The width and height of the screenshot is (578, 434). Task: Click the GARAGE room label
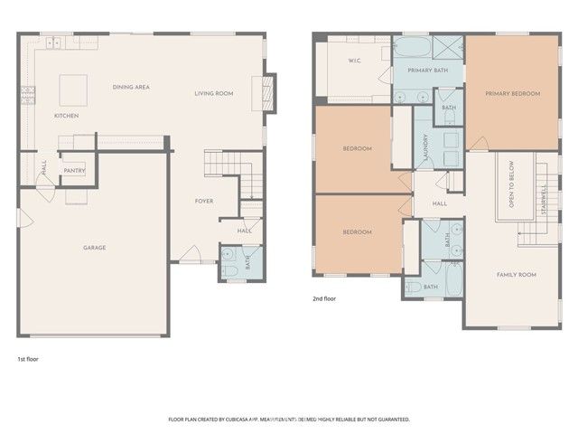[x=95, y=248]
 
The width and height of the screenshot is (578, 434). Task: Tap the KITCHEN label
[x=67, y=116]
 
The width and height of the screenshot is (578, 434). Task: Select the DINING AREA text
[x=131, y=87]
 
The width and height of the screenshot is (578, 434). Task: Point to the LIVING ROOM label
[x=214, y=93]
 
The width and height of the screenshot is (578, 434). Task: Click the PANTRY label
[x=74, y=170]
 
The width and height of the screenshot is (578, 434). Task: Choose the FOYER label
[x=204, y=201]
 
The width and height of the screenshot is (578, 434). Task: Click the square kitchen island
[x=73, y=89]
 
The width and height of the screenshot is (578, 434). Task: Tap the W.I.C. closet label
[x=355, y=61]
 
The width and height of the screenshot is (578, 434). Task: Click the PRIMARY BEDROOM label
[x=512, y=93]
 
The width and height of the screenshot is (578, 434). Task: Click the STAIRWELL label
[x=544, y=202]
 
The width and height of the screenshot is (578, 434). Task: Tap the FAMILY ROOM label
[x=516, y=274]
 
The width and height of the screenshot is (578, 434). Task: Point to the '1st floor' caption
[x=27, y=359]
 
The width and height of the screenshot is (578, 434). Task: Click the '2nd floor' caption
[x=323, y=297]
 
